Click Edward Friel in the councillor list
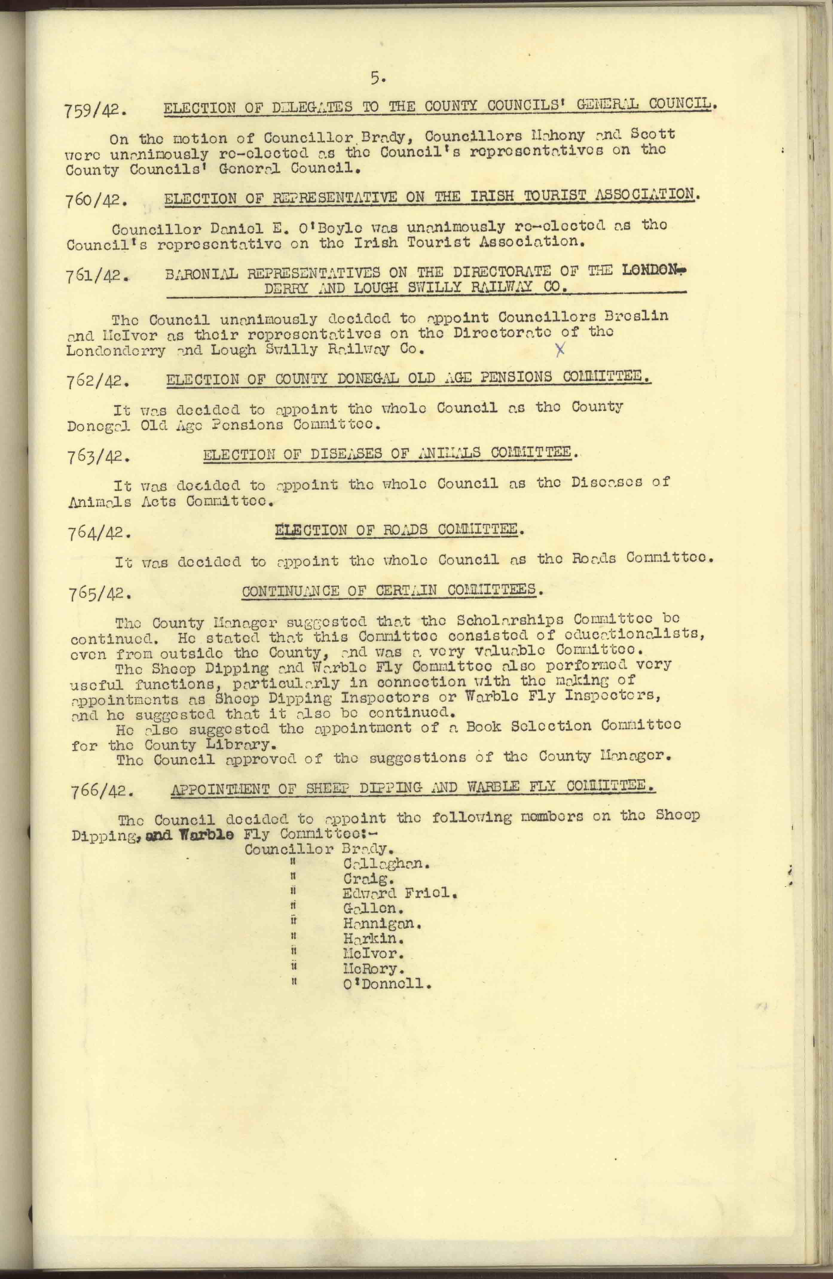click(x=400, y=894)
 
